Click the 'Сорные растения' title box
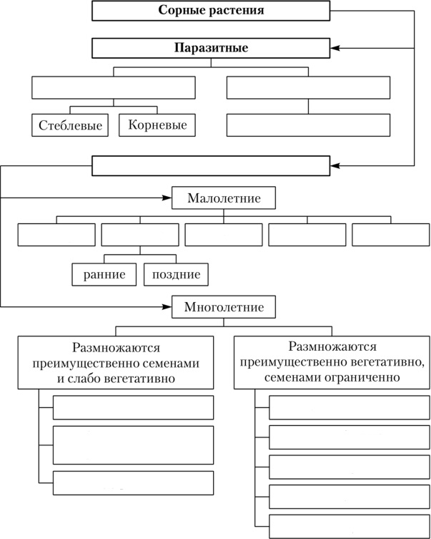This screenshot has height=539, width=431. (211, 11)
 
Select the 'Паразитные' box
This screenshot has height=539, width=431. (211, 48)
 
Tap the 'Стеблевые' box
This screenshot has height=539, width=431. (70, 125)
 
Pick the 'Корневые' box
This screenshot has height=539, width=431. (157, 125)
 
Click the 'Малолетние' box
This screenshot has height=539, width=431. (224, 198)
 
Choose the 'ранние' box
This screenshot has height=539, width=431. (104, 275)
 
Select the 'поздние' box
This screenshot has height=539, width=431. (176, 275)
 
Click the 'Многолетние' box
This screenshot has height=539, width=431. (224, 306)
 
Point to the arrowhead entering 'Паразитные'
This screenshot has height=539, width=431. (335, 49)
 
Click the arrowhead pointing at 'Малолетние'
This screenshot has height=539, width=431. (167, 198)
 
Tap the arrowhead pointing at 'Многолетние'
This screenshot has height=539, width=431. (167, 306)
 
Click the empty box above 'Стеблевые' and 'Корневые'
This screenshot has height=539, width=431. (114, 87)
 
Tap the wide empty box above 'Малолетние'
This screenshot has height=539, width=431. (211, 166)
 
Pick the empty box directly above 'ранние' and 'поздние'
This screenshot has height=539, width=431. (140, 235)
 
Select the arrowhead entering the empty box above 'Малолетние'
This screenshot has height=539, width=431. (335, 166)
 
